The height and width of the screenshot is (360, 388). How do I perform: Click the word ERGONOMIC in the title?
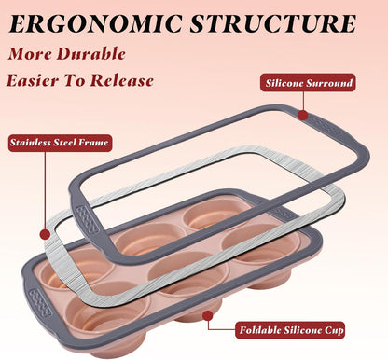click(95, 23)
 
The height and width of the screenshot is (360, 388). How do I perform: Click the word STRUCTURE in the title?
click(273, 23)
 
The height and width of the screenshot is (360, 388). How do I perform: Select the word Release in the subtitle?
click(122, 80)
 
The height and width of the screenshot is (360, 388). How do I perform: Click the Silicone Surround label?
click(308, 83)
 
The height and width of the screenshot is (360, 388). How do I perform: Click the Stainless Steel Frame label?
click(60, 143)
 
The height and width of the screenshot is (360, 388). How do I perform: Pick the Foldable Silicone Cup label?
click(291, 330)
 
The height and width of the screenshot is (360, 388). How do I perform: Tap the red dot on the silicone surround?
click(302, 116)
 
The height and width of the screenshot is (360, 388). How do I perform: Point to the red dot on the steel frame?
click(46, 234)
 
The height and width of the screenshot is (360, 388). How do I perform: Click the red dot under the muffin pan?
click(208, 315)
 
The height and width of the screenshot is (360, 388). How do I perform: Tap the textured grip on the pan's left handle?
click(40, 302)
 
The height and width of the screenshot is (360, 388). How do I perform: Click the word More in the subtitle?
click(30, 53)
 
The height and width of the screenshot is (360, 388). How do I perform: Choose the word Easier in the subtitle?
click(33, 80)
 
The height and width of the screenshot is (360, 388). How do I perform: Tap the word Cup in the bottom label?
click(334, 330)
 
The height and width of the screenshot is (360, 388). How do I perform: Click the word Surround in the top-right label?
click(329, 83)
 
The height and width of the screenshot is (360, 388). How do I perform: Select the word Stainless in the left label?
click(30, 143)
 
